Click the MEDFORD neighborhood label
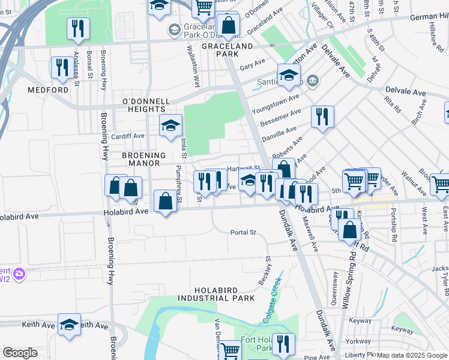pos(48,90)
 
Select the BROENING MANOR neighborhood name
pos(141,159)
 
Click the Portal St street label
pos(243,232)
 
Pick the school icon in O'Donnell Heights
pos(170,125)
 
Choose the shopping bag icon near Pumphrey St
pos(165,201)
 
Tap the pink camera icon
pos(19,274)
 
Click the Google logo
pos(20,353)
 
